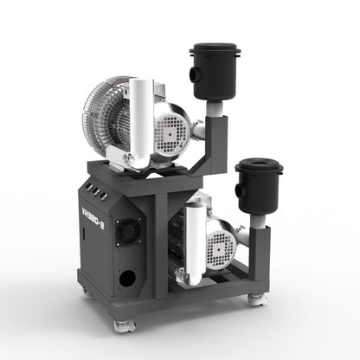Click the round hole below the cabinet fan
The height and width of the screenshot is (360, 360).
[128, 278]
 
